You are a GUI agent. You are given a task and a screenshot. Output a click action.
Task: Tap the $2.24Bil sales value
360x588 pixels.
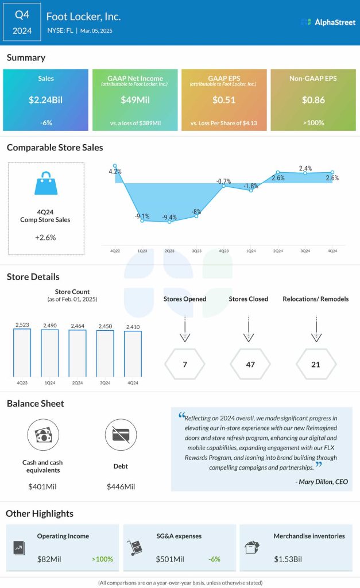[x=45, y=100]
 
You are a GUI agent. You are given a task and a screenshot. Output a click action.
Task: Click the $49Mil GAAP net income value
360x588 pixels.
[x=134, y=100]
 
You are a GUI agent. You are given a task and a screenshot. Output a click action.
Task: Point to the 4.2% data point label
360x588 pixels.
[x=115, y=171]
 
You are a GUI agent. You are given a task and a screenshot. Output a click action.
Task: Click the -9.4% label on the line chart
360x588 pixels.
[x=169, y=217]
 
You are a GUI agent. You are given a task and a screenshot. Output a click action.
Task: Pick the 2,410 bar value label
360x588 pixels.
[x=132, y=326]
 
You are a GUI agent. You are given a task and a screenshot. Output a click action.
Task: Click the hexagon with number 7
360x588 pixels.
[x=184, y=363]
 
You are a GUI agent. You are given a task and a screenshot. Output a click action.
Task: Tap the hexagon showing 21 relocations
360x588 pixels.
[x=315, y=363]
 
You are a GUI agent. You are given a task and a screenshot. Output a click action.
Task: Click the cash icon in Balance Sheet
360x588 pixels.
[x=44, y=434]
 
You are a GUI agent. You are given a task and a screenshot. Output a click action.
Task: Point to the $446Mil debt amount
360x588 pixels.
[x=121, y=486]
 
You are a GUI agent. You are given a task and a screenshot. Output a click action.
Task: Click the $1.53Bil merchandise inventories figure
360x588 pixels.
[x=287, y=558]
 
